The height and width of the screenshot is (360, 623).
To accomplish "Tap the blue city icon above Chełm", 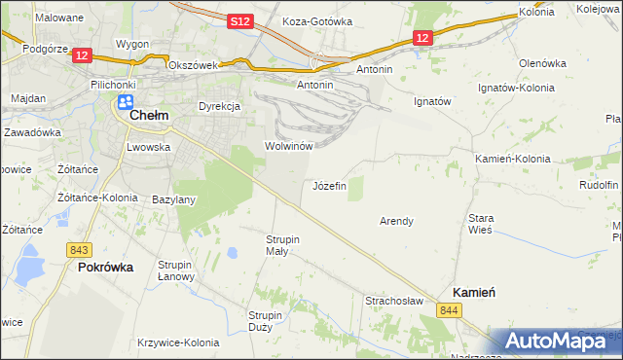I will (x=126, y=101).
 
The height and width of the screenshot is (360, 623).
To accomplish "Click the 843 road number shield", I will (x=81, y=250).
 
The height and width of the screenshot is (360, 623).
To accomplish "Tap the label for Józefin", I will (x=329, y=185).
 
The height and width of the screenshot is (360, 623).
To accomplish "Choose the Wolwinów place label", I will (x=287, y=146).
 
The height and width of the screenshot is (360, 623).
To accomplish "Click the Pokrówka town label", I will (x=105, y=267).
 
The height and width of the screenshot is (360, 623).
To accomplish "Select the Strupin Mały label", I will (x=283, y=244).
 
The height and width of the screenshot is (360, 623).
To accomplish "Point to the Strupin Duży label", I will (x=265, y=321).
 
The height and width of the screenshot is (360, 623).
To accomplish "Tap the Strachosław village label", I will (x=393, y=301).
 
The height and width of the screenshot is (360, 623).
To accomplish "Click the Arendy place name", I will (x=396, y=221).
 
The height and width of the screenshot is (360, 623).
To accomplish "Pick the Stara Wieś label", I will (x=481, y=224).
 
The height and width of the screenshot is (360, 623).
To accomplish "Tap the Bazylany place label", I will (x=175, y=199).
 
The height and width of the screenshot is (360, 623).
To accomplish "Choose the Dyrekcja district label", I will (x=219, y=106).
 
